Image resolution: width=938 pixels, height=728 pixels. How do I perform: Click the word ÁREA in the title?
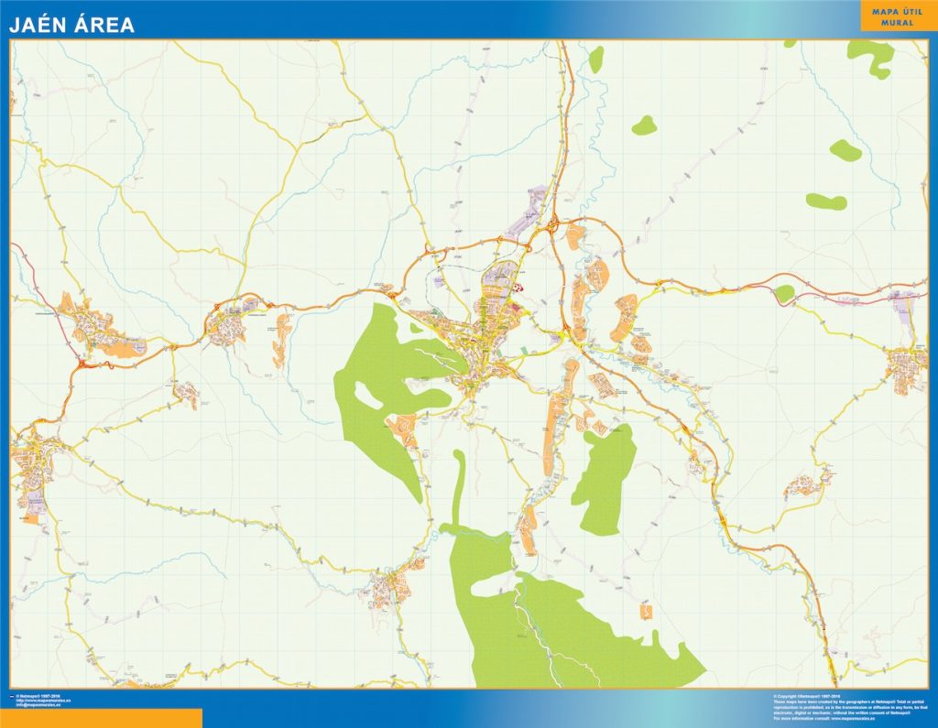(x=104, y=25)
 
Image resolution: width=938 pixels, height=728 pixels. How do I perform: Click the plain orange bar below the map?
(x=101, y=718)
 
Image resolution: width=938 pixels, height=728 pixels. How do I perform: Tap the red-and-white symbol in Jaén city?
(x=518, y=287)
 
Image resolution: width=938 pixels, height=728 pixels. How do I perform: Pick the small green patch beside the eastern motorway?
(x=784, y=293)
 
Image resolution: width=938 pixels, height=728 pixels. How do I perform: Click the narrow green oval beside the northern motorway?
(x=596, y=60)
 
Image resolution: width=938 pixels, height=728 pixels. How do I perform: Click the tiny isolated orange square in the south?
(x=647, y=611)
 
